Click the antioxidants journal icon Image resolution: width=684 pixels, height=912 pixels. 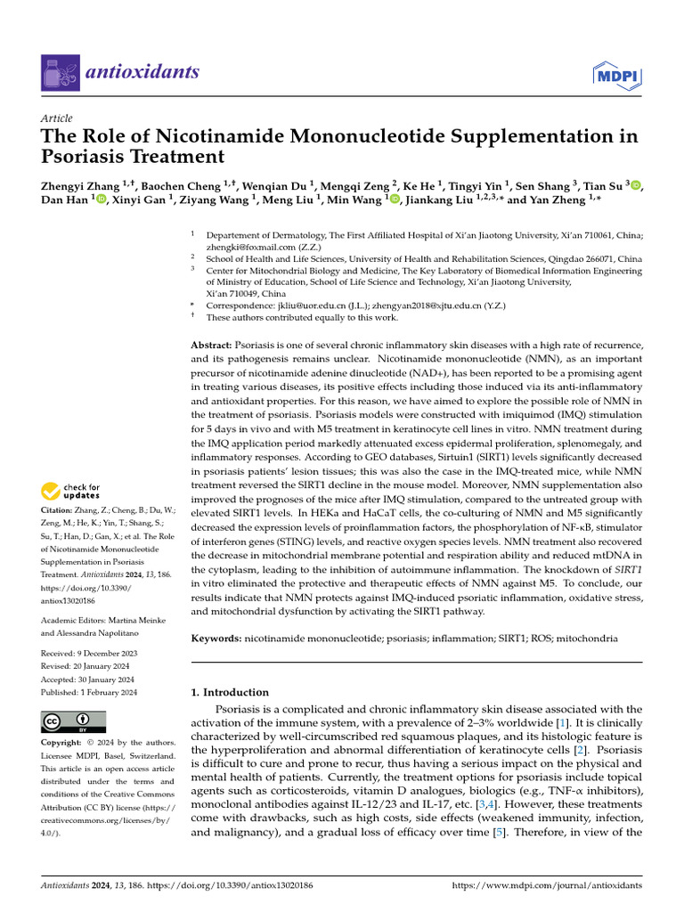(x=60, y=72)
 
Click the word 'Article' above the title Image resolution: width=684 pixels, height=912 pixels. (x=57, y=118)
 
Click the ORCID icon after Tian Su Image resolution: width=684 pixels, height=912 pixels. (x=635, y=185)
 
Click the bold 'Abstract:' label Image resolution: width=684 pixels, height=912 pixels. (x=211, y=345)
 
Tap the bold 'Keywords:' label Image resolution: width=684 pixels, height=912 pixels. (x=216, y=639)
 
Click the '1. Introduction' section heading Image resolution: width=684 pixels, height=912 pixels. (x=231, y=692)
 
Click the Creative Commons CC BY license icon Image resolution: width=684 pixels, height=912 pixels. (x=73, y=722)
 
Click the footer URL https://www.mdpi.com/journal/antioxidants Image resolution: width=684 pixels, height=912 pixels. (x=547, y=886)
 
